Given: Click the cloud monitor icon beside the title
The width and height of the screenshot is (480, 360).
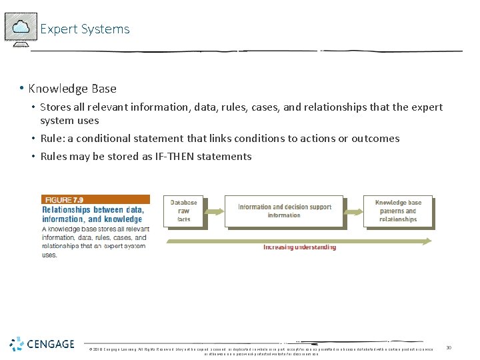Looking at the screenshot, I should tap(21, 28).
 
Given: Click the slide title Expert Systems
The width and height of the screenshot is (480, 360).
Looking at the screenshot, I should tap(85, 29).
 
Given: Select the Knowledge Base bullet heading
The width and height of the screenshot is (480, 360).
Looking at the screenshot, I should tap(72, 89).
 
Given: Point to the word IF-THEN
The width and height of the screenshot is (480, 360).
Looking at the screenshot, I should tap(155, 157).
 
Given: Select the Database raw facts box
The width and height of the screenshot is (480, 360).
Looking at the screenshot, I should tap(183, 211).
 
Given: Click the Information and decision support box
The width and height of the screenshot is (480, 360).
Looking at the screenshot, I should tap(284, 211).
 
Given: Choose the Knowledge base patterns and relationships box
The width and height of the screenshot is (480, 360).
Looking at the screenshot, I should tap(398, 211).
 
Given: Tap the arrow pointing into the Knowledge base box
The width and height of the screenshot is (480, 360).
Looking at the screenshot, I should tap(353, 211).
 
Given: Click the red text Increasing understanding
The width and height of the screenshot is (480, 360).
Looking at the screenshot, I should tap(299, 247).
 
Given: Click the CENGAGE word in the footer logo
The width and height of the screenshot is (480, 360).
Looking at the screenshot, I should tap(51, 344).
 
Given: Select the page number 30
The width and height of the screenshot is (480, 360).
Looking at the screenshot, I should tap(449, 348).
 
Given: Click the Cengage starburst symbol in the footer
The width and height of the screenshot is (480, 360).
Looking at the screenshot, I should tap(17, 344).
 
